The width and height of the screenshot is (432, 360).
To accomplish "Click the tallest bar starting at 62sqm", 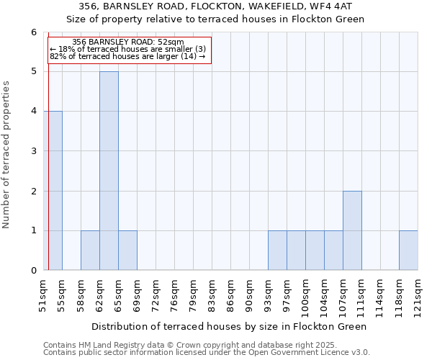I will (109, 171).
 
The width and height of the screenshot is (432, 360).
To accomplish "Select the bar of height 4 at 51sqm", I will (53, 191).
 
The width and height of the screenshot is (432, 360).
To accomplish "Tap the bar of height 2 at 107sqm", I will (352, 230).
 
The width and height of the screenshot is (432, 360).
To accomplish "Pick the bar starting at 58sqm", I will (90, 251).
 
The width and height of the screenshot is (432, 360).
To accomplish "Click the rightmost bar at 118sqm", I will (408, 251).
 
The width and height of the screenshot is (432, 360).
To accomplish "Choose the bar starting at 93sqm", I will (277, 251).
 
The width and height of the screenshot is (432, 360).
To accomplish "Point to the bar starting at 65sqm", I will (127, 251).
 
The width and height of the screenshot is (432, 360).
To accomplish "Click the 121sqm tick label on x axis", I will (418, 294).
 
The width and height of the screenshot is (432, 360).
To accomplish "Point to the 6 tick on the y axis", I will (33, 32).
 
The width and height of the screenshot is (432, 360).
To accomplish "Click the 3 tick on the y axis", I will (33, 151).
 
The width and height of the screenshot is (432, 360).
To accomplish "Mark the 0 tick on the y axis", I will (33, 271).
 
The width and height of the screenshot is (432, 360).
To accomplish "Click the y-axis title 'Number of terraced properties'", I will (7, 154).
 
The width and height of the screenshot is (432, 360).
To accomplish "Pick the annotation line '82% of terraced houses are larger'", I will (127, 56).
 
